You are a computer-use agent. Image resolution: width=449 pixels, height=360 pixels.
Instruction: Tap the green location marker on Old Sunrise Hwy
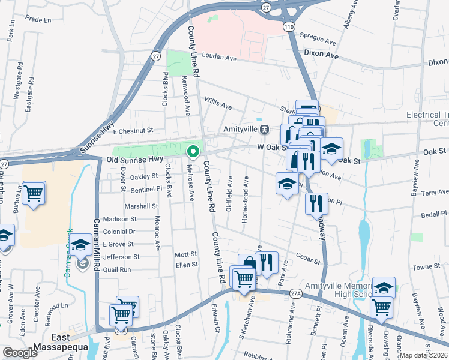193,152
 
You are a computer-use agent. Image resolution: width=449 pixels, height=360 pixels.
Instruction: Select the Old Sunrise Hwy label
134,160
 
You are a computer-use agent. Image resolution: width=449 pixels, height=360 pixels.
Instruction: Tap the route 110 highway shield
289,27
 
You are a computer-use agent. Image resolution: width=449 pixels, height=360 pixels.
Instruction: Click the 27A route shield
294,293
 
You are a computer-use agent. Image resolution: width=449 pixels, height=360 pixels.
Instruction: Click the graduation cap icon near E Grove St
80,245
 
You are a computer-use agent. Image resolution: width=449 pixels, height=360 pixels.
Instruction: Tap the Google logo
20,353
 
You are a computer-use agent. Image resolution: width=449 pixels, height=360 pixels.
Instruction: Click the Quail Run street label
117,269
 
